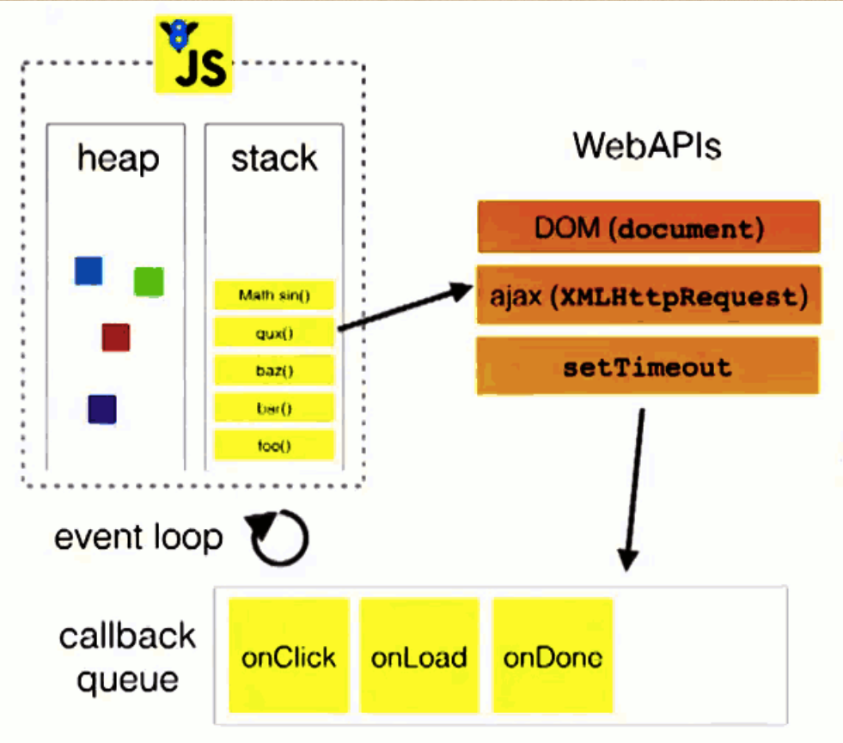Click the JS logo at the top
tap(194, 54)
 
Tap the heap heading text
tap(119, 159)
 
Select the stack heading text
tap(274, 158)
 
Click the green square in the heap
tap(149, 282)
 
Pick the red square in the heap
tap(116, 338)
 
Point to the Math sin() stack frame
tap(274, 295)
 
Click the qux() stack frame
tap(274, 332)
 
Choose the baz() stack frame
tap(274, 370)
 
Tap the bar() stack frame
tap(274, 408)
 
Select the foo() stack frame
tap(274, 445)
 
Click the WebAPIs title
tap(647, 145)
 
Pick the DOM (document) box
tap(649, 227)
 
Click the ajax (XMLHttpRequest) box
tap(649, 295)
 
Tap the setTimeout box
tap(648, 366)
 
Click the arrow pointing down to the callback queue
tap(634, 490)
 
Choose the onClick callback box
tap(290, 656)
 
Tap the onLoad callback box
tap(419, 656)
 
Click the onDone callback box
tap(553, 656)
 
